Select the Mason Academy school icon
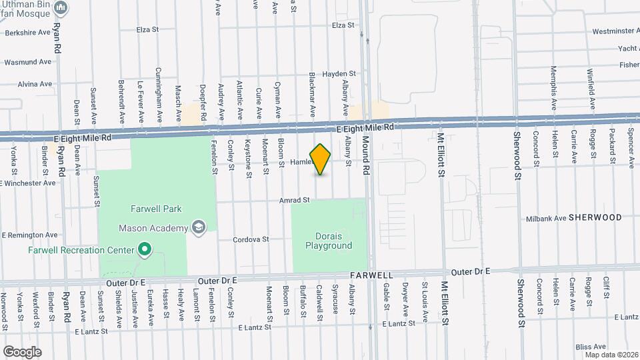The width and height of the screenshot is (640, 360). (x=198, y=229)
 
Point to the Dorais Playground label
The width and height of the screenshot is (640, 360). (x=329, y=241)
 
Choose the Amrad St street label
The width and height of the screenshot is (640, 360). (x=295, y=200)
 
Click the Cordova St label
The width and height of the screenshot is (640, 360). (x=251, y=239)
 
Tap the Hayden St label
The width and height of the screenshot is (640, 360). (x=337, y=74)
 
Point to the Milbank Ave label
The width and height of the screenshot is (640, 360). (x=546, y=218)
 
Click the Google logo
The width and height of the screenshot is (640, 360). (x=22, y=351)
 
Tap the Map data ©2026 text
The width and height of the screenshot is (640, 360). (x=611, y=355)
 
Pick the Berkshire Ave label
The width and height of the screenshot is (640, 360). (x=26, y=32)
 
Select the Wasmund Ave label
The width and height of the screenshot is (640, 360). (x=27, y=62)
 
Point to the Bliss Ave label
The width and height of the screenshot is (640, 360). (x=591, y=347)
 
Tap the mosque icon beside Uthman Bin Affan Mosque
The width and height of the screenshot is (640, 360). (x=61, y=8)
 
